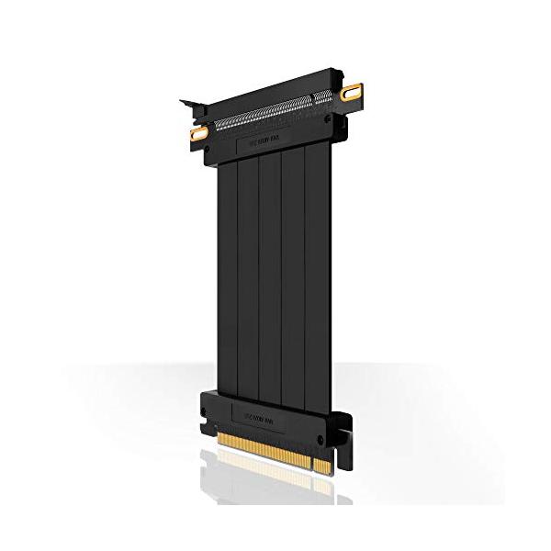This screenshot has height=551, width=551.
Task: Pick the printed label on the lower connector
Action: [264, 410]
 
